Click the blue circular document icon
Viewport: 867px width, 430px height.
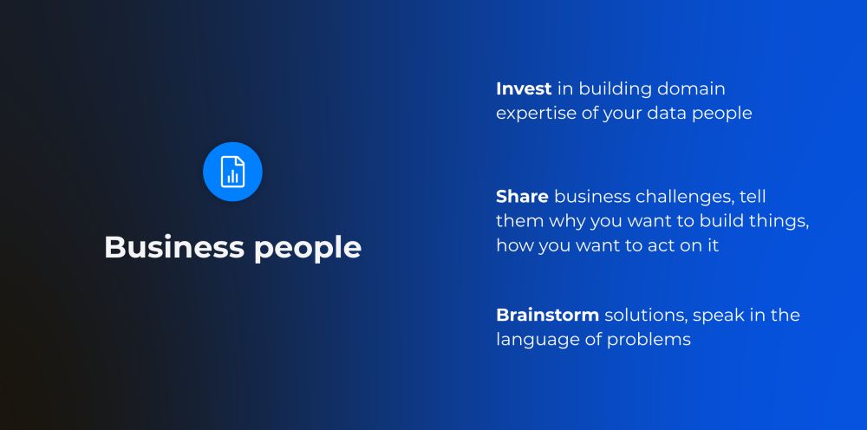tap(232, 172)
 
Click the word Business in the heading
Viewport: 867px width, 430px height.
tap(174, 247)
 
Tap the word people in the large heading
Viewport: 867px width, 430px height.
tap(308, 249)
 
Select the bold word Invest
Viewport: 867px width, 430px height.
tap(524, 88)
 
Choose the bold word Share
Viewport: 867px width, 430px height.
tap(522, 196)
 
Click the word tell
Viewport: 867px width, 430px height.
tap(753, 196)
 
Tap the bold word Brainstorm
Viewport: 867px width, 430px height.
tap(547, 315)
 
